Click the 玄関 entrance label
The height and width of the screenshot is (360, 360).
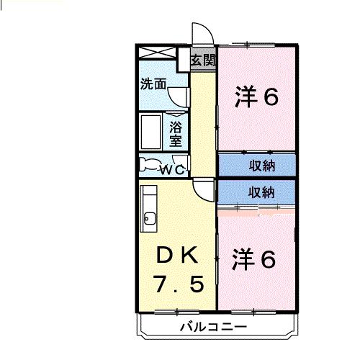[x=203, y=60]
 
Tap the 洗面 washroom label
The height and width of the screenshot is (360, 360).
[x=153, y=84]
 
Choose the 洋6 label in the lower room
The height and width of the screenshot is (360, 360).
[x=254, y=260]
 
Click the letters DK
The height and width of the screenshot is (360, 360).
[x=177, y=256]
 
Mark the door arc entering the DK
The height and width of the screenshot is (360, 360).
[x=205, y=190]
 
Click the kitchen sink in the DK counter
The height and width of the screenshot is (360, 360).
[x=149, y=218]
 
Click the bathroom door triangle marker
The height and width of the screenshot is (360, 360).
[x=176, y=115]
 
